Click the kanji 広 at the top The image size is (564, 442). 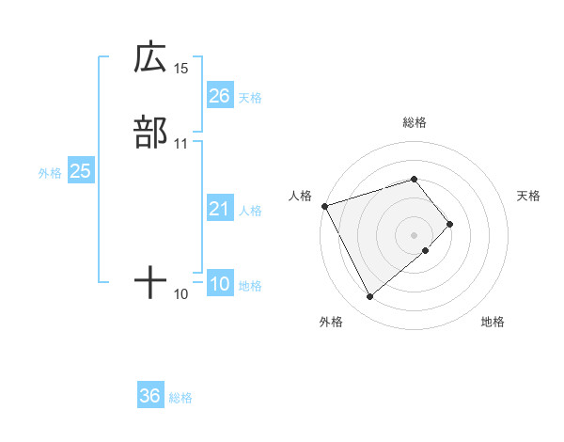pos(150,58)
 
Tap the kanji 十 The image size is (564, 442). pos(150,282)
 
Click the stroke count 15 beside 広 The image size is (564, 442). pos(181,69)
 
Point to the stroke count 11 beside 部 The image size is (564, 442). pos(181,144)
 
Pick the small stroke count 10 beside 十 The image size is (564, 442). pos(181,294)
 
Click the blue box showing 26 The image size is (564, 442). pos(220,95)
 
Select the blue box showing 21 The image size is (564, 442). pos(220,209)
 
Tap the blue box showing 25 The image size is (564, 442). pos(81,171)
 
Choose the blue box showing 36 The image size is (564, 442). pos(150,396)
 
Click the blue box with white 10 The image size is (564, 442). pos(220,285)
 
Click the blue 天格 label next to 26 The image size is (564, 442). pos(250,97)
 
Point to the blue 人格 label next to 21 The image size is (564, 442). pos(250,211)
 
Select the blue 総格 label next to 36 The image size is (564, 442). pos(180,398)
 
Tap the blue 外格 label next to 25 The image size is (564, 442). pos(50,173)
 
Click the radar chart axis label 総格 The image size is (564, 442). pos(415,122)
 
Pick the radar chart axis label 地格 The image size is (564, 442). pos(493,323)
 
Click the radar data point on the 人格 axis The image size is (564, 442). pos(324,205)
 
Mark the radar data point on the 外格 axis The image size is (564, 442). pos(369,297)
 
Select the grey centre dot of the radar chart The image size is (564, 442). pos(415,234)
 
